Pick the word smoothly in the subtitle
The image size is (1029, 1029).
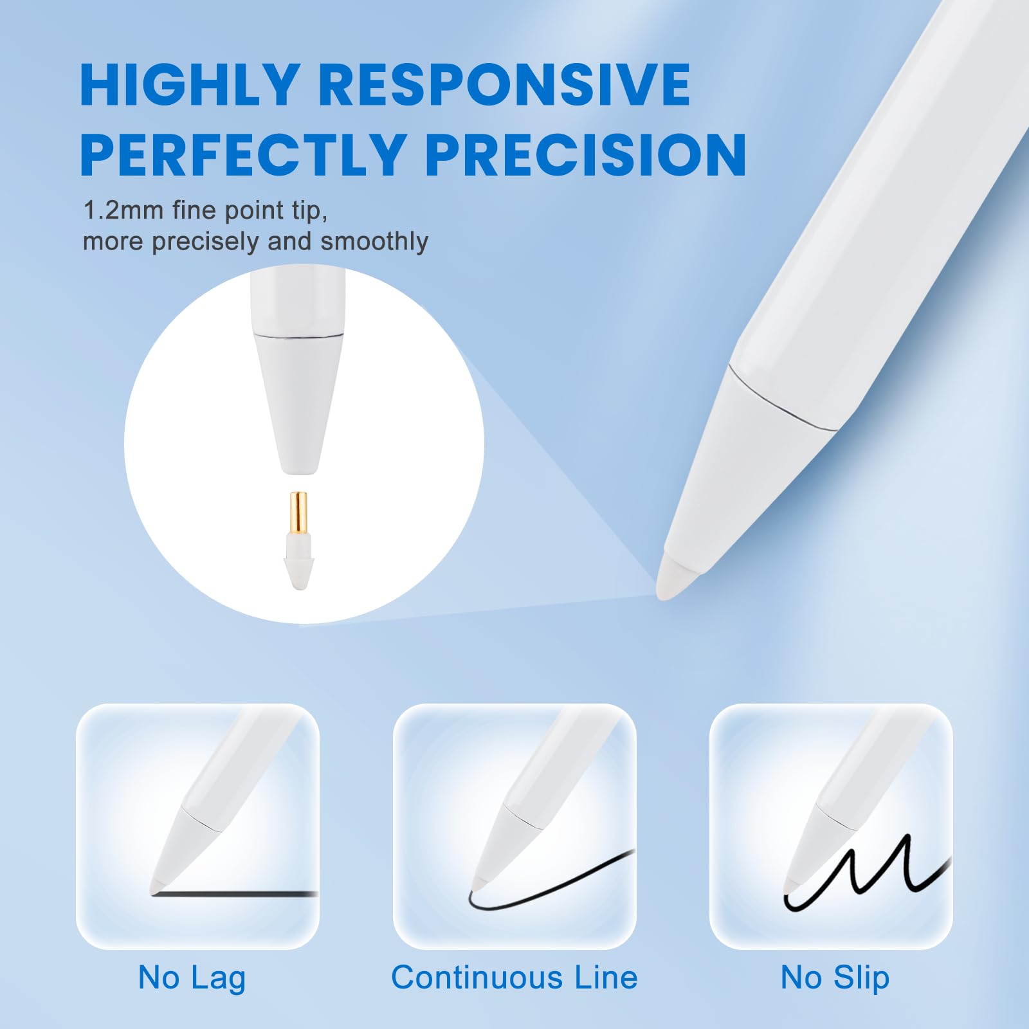pyautogui.click(x=374, y=241)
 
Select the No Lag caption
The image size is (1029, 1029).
pyautogui.click(x=192, y=978)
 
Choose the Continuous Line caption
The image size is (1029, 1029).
pyautogui.click(x=514, y=978)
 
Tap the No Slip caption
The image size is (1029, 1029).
pyautogui.click(x=835, y=978)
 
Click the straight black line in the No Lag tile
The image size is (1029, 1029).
pyautogui.click(x=244, y=894)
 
